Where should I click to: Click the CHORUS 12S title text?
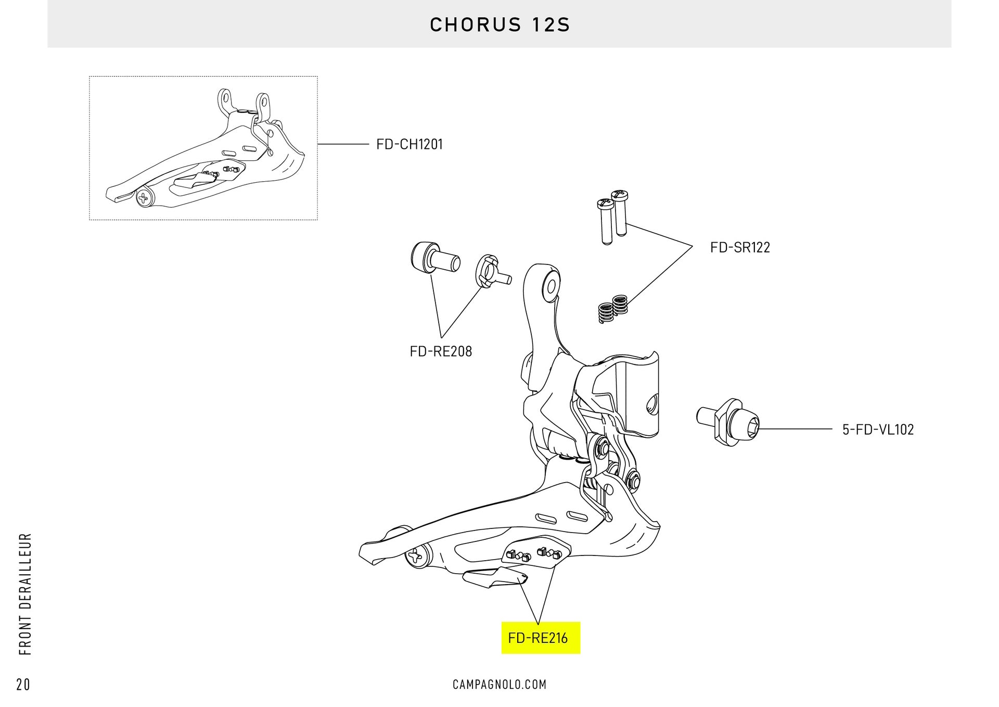coord(499,25)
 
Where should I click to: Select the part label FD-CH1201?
coord(409,144)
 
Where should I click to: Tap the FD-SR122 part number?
coord(740,247)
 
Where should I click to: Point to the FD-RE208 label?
coord(441,351)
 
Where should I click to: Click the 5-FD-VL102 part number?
coord(878,430)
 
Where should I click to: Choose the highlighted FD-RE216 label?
coord(538,638)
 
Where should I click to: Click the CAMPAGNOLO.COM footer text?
coord(499,685)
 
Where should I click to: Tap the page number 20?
coord(23,685)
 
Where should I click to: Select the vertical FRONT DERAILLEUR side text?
coord(25,594)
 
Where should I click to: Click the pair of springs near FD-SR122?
coord(612,309)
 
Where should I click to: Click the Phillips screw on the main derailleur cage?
coord(416,558)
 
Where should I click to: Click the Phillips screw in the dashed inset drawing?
coord(143,198)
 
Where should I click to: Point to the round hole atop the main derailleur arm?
coord(550,285)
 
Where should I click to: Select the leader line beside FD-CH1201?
coord(343,144)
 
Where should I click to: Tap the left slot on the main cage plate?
coord(545,518)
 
